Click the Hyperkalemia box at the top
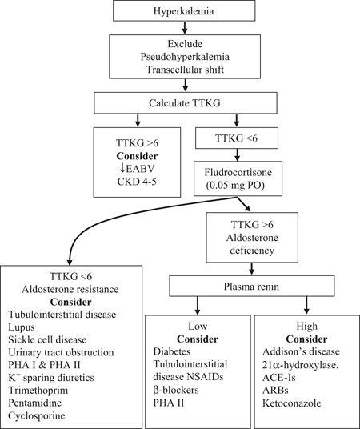point(181,11)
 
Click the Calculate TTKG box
point(181,103)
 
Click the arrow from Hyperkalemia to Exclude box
point(181,29)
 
